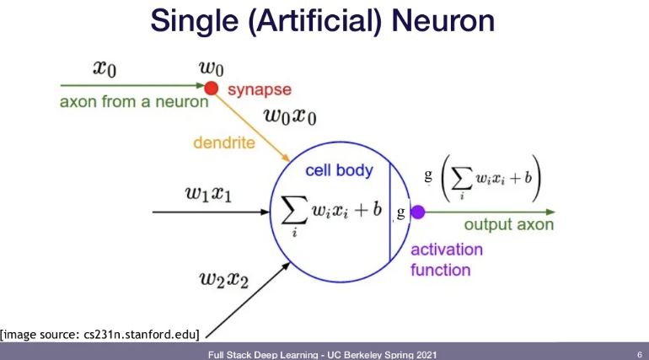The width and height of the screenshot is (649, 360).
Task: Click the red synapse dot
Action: (x=211, y=87)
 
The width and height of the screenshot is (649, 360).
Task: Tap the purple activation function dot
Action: (x=417, y=212)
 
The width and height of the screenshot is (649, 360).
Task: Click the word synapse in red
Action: (x=260, y=89)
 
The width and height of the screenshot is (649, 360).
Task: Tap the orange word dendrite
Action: (x=224, y=142)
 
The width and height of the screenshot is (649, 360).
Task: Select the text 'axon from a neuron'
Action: (x=134, y=102)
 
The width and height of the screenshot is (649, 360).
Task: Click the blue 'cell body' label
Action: (x=339, y=170)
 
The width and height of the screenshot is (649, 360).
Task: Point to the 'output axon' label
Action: (x=509, y=224)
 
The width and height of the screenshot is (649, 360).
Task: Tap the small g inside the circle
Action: (x=401, y=212)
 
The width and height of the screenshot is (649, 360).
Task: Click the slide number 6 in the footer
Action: (x=639, y=353)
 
